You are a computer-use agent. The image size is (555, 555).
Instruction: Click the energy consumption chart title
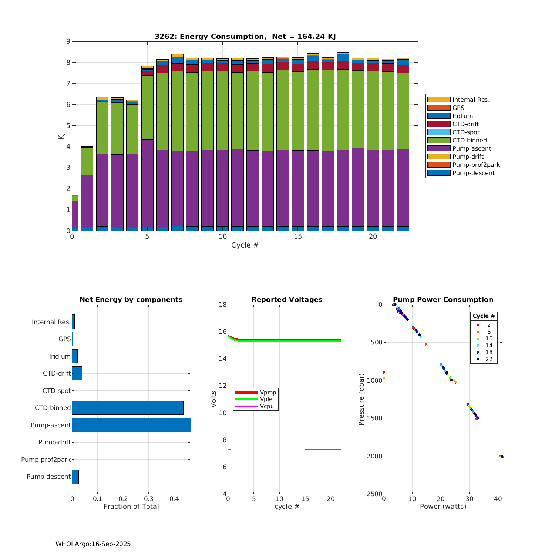(x=245, y=36)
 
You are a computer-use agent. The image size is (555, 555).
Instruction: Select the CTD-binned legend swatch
(x=439, y=140)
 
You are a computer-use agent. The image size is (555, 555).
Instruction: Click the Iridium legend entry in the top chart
(x=462, y=116)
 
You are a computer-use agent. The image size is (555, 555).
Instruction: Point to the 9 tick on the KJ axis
(x=68, y=41)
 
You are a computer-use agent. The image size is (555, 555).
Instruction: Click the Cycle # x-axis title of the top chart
(x=245, y=245)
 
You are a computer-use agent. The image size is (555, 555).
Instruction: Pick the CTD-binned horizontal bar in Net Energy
(x=128, y=408)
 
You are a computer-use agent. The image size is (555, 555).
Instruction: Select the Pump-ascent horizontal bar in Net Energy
(x=131, y=425)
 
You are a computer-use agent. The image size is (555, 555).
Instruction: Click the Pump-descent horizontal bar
(x=75, y=477)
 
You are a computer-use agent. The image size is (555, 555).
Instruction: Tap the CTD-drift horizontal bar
(x=77, y=373)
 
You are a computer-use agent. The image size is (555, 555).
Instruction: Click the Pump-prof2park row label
(x=46, y=460)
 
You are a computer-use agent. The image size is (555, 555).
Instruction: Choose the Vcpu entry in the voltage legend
(x=268, y=406)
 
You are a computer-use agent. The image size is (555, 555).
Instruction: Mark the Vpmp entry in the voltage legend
(x=268, y=392)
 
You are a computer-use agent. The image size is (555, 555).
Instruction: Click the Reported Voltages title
(x=287, y=300)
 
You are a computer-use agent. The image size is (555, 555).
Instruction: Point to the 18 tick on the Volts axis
(x=222, y=305)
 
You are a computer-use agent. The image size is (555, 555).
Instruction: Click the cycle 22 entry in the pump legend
(x=488, y=359)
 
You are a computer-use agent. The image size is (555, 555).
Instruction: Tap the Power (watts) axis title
(x=443, y=507)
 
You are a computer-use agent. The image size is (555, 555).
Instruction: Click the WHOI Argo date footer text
(x=93, y=544)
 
